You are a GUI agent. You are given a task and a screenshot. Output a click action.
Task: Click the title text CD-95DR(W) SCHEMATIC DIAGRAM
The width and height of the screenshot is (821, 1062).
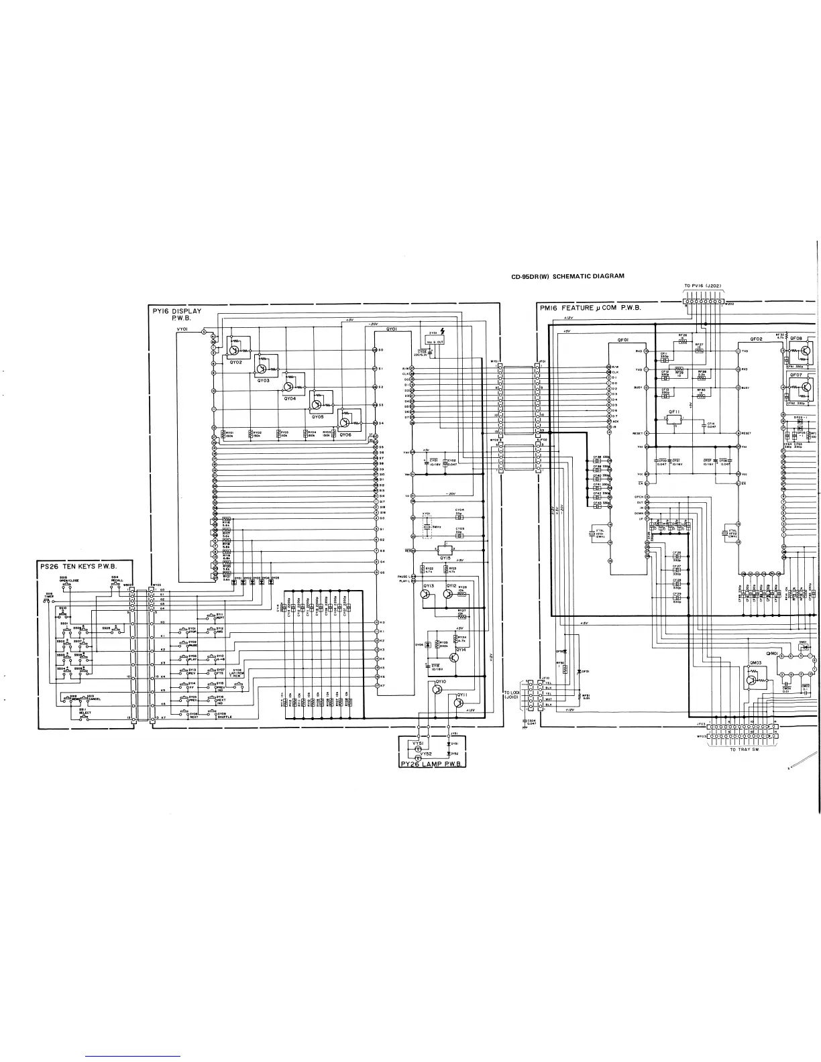(x=567, y=276)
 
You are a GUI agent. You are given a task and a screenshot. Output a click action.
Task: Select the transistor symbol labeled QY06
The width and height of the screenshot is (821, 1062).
(x=344, y=422)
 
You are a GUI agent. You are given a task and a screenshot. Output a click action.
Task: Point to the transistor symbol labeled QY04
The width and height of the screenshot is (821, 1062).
(x=288, y=386)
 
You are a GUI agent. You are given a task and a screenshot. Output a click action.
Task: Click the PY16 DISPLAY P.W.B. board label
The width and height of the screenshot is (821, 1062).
(x=176, y=314)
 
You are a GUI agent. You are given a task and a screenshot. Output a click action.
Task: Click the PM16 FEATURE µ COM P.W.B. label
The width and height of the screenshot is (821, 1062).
(x=590, y=308)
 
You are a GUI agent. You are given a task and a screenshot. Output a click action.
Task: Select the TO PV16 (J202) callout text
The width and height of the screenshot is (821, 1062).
(x=703, y=286)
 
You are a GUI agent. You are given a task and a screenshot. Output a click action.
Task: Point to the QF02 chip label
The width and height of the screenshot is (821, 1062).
(x=757, y=339)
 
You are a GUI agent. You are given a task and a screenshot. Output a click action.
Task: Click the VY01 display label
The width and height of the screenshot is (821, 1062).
(x=182, y=329)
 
